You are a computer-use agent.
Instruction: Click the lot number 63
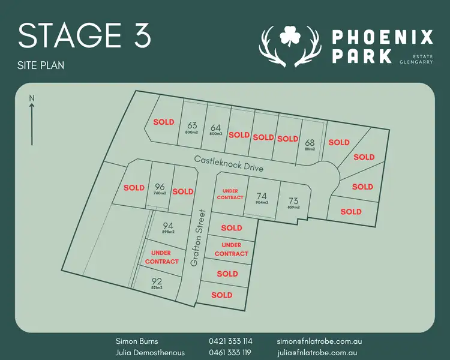[192, 125]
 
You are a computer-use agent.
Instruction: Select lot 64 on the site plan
[216, 127]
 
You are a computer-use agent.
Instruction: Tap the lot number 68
[310, 143]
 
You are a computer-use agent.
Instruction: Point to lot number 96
[160, 187]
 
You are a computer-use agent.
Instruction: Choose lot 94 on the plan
[167, 226]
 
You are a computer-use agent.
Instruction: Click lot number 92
[157, 281]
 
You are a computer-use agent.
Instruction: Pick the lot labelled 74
[261, 196]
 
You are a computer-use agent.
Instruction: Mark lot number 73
[293, 201]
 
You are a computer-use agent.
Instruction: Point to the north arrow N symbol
[32, 98]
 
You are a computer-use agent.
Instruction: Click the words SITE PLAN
[41, 64]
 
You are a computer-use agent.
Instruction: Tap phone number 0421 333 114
[230, 341]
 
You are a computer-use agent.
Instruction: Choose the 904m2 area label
[261, 203]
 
